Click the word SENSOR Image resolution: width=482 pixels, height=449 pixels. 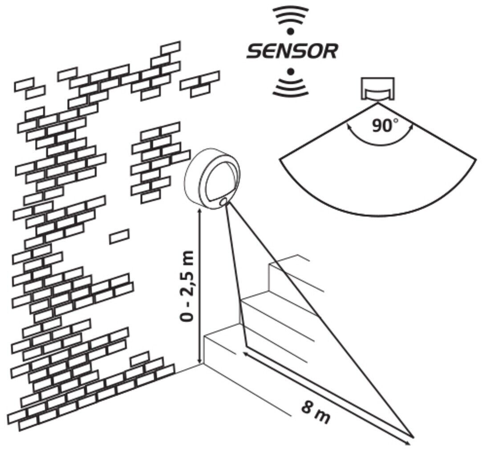[292, 51]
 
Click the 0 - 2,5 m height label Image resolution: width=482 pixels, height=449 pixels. [187, 286]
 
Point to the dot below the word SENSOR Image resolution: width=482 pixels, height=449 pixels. [290, 72]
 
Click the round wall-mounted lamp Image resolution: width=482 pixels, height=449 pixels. [213, 177]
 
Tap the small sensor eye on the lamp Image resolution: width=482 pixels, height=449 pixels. [223, 202]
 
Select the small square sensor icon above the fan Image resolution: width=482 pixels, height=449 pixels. [377, 89]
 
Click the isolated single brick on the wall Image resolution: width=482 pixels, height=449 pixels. [119, 237]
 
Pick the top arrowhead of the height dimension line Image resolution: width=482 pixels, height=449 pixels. [199, 211]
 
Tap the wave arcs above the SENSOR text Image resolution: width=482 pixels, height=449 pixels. [291, 16]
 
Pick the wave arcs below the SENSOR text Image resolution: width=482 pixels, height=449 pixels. [290, 87]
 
